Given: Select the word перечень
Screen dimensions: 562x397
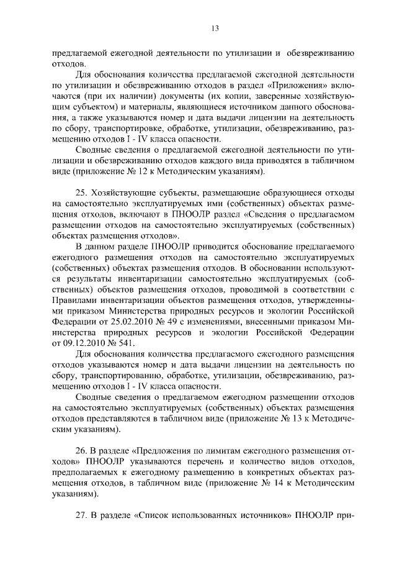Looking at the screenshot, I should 184,462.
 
